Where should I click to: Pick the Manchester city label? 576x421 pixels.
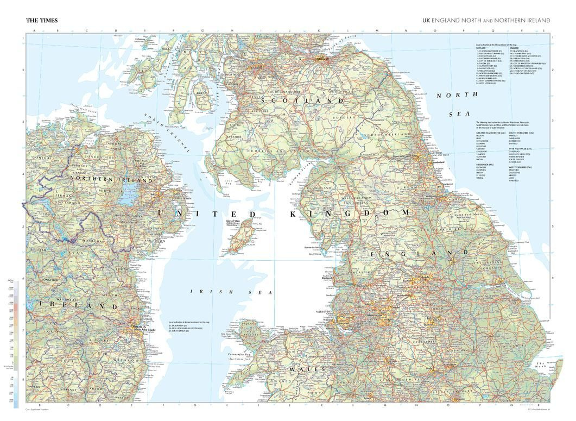click(x=375, y=315)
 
